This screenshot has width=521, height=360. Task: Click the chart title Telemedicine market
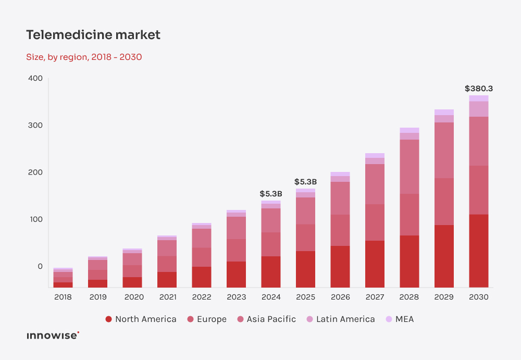93,35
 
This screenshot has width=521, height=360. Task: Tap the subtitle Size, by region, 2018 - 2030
84,57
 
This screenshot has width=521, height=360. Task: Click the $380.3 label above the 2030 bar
478,89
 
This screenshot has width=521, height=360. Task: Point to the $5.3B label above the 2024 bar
271,194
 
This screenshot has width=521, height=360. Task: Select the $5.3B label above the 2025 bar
305,182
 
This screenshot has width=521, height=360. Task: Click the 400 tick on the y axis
35,79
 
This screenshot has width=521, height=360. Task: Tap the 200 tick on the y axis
35,172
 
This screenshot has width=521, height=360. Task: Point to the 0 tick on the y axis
40,266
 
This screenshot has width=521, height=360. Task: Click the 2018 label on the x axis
63,297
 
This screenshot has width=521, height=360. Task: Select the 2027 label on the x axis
375,297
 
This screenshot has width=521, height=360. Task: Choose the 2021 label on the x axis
167,297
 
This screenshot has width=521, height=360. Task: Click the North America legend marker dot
108,319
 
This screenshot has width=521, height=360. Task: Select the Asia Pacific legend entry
266,319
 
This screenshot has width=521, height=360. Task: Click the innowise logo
53,336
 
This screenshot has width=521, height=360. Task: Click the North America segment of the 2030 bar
478,250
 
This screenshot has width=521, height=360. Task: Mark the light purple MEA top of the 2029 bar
444,112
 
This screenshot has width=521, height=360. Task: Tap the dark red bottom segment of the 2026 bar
340,266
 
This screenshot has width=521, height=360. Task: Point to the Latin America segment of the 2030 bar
478,108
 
